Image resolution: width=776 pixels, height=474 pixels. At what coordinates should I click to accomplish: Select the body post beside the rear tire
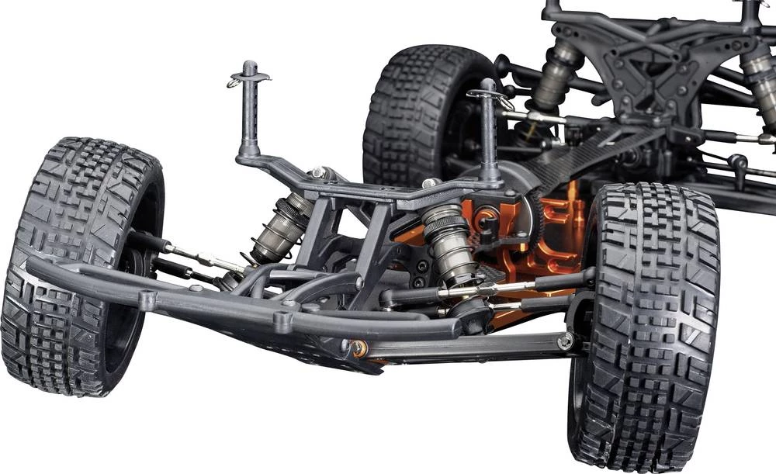[488, 132]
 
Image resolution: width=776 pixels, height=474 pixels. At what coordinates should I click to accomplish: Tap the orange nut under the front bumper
[358, 349]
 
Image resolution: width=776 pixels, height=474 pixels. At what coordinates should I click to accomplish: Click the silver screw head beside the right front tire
[566, 341]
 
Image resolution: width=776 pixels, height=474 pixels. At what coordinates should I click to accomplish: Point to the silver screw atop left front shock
[317, 172]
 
